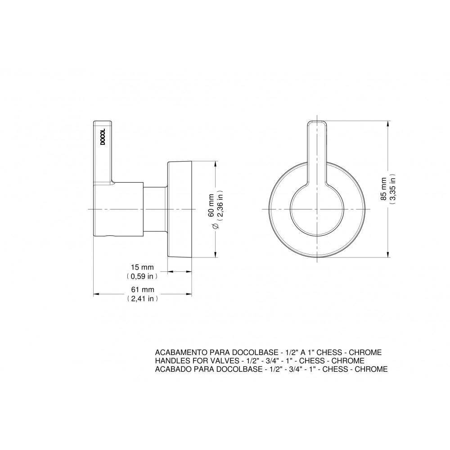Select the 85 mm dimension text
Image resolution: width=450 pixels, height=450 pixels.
[383, 189]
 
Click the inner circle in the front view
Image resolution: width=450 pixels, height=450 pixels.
[317, 211]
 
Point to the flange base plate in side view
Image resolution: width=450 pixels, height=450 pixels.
[180, 209]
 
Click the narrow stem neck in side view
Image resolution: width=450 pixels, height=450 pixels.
[155, 209]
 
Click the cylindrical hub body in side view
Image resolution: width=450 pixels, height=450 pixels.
[118, 209]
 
